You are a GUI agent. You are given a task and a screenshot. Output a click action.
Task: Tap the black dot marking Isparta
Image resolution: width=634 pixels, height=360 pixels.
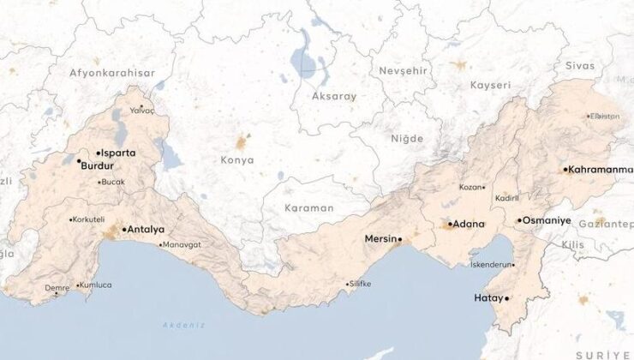coord(98,153)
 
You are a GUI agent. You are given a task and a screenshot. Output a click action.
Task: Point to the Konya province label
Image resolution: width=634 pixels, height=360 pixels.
coord(237,160)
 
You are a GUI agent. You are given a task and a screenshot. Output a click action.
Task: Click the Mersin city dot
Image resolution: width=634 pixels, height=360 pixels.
coord(399,239)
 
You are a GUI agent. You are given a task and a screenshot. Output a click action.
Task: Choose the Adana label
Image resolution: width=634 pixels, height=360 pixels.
coord(469,224)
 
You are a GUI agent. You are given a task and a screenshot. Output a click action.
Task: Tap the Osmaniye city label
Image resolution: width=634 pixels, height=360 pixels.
coord(547,220)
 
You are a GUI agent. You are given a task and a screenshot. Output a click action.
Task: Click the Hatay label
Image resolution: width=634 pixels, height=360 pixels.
coord(487,298)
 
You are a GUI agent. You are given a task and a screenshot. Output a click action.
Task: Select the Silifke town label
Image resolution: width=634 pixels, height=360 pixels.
coord(360,284)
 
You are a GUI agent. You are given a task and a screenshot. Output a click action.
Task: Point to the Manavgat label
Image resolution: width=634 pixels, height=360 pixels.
coord(182,244)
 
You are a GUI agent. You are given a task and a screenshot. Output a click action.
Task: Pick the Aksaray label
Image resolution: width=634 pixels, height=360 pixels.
coord(335,97)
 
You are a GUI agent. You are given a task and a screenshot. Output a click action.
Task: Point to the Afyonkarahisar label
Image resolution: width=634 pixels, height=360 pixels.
coord(112,73)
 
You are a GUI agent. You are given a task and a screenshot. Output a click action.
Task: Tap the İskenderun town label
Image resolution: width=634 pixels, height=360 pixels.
coord(492,265)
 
